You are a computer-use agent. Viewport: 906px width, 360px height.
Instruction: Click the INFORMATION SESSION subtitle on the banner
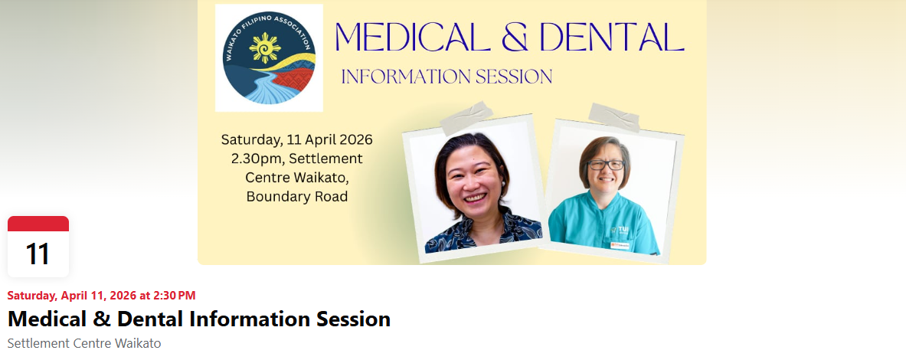click(x=446, y=77)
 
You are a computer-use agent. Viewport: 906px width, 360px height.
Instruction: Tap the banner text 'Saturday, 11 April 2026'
click(x=296, y=140)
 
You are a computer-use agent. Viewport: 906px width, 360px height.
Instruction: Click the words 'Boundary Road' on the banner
click(x=296, y=197)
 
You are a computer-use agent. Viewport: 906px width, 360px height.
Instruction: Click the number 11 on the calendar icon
click(x=38, y=254)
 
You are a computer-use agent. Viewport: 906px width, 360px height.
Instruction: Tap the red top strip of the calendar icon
click(x=38, y=224)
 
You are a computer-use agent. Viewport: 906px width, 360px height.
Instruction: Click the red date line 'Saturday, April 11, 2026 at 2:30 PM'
click(x=101, y=295)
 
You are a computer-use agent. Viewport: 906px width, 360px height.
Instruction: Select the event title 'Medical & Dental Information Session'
click(x=199, y=319)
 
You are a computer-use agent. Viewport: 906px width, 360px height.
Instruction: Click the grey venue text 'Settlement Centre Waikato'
click(x=84, y=343)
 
